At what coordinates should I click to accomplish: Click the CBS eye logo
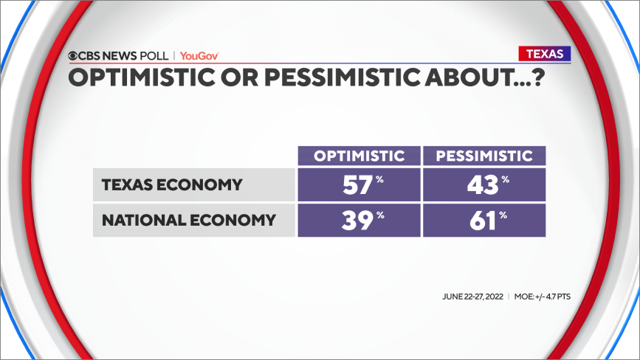[x=72, y=56]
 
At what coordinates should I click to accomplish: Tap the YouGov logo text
[x=199, y=56]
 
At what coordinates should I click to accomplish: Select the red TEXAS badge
[x=545, y=54]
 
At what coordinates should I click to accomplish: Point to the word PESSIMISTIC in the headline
[x=342, y=77]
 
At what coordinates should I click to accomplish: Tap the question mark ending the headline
[x=538, y=77]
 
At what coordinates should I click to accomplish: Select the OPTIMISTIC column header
[x=359, y=156]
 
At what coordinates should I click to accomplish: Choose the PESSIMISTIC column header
[x=484, y=156]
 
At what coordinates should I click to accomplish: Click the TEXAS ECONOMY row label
[x=172, y=184]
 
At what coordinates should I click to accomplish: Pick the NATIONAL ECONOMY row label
[x=189, y=220]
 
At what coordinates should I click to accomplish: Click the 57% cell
[x=359, y=184]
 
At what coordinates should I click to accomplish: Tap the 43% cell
[x=484, y=184]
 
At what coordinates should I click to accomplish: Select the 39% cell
[x=359, y=220]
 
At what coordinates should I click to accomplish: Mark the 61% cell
[x=484, y=220]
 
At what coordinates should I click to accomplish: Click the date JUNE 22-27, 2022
[x=472, y=297]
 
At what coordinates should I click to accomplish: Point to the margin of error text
[x=543, y=297]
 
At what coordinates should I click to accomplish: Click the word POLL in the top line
[x=154, y=56]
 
